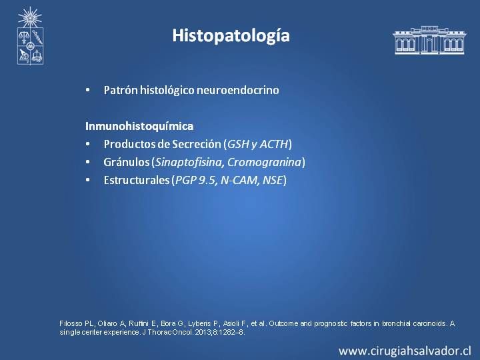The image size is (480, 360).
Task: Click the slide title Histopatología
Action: [231, 35]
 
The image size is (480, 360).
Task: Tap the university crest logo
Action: [30, 36]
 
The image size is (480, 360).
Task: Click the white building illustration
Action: [429, 40]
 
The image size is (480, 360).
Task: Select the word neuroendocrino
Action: [237, 90]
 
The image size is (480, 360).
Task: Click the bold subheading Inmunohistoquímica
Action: [139, 126]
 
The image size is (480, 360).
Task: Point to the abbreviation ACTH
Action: [274, 144]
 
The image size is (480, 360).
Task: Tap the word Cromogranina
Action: [264, 162]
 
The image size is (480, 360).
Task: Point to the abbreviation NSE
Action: [272, 180]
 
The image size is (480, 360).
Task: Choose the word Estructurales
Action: [137, 180]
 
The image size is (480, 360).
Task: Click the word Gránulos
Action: [127, 162]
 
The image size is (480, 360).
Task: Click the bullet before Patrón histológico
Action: [88, 90]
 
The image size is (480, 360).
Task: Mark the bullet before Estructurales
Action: [88, 180]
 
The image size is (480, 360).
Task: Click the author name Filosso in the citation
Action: [71, 323]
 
